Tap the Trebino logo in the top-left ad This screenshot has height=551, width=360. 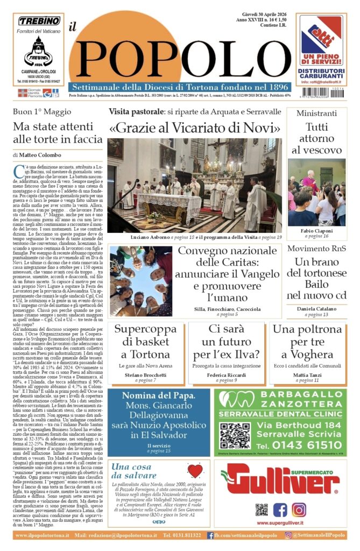pyautogui.click(x=39, y=22)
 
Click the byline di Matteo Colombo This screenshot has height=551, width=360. pyautogui.click(x=38, y=155)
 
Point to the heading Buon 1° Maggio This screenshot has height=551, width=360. pyautogui.click(x=42, y=112)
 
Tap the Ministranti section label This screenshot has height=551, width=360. pyautogui.click(x=316, y=113)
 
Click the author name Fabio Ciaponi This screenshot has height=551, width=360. pyautogui.click(x=316, y=229)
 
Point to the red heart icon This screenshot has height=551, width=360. pyautogui.click(x=194, y=471)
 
